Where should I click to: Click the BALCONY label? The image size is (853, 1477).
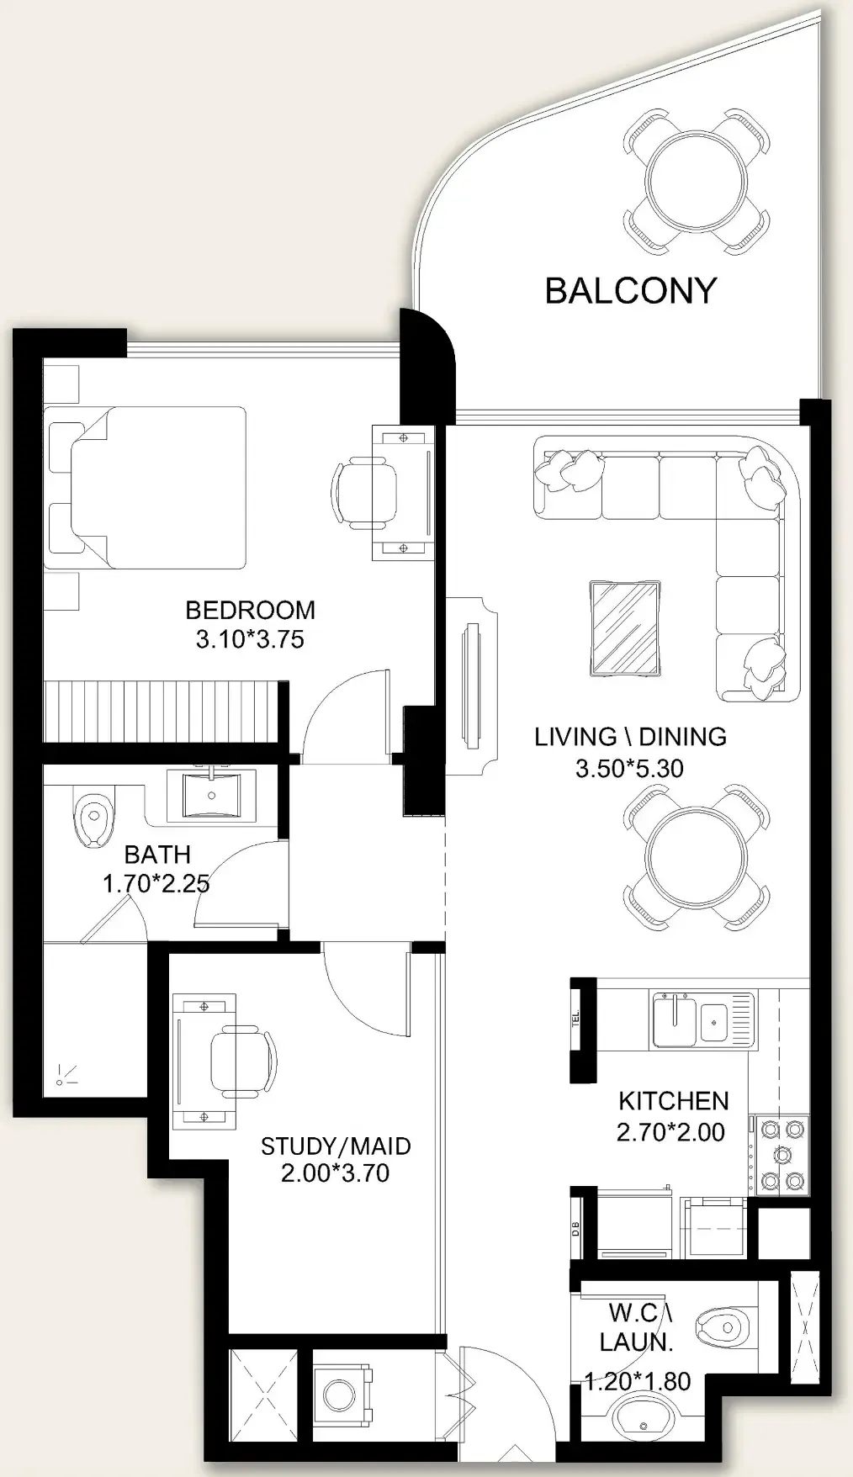point(630,290)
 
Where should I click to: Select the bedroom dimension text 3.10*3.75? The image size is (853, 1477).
point(250,639)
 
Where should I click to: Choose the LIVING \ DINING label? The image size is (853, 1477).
point(630,737)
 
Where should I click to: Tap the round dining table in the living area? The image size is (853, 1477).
point(697,857)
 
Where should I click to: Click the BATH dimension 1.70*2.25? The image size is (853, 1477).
point(156,883)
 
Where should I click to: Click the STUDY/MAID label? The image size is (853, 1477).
point(336,1146)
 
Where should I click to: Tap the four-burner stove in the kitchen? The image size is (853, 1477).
point(783,1154)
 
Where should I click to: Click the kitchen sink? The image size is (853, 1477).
point(702,1019)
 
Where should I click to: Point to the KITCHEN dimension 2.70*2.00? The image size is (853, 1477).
point(670,1132)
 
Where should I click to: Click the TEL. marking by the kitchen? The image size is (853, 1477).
point(576,1019)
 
